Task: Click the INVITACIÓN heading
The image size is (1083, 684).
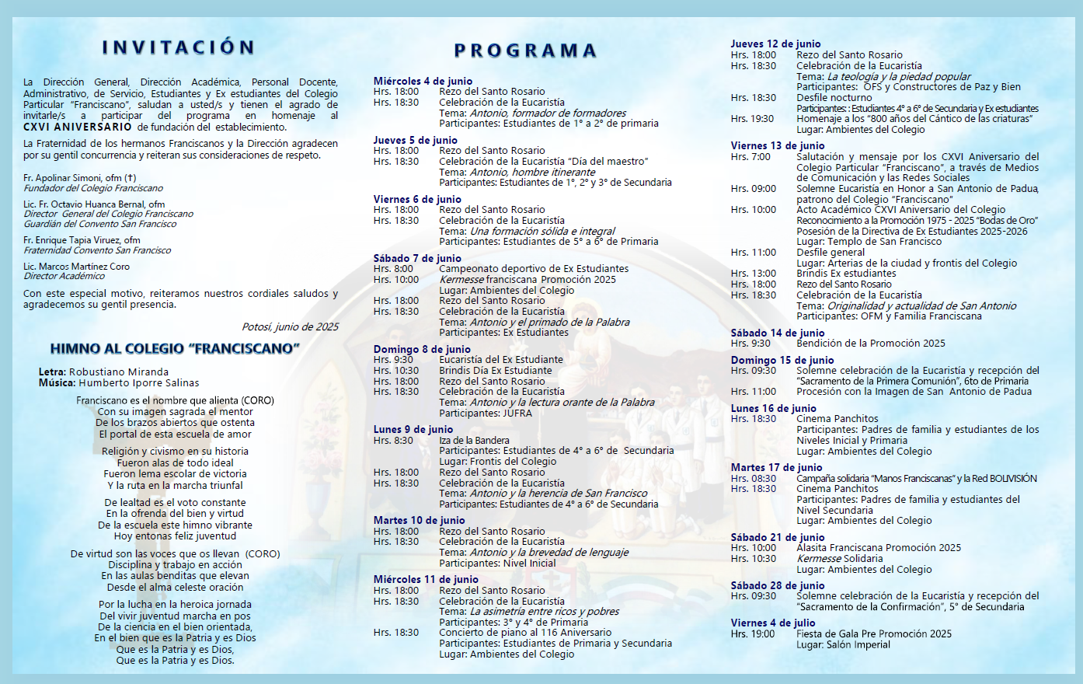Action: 179,47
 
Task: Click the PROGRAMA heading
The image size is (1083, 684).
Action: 525,51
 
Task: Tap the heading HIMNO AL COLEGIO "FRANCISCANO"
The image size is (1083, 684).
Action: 175,348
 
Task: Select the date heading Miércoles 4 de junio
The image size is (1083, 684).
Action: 423,81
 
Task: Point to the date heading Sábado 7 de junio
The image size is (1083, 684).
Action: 417,258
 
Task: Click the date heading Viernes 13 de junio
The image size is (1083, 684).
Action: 778,145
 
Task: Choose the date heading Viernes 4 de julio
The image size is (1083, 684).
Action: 773,623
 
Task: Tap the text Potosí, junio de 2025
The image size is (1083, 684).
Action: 290,327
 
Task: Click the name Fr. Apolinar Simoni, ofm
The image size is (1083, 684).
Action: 79,178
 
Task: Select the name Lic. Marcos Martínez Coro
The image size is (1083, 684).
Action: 77,266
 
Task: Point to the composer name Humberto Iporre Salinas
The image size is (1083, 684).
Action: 138,383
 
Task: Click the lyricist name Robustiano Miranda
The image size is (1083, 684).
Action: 119,372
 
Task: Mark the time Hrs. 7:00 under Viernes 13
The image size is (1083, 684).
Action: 750,157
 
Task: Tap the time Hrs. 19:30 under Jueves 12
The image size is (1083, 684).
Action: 753,119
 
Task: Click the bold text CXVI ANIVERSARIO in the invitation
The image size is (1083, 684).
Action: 78,127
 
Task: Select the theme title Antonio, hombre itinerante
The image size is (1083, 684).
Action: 532,172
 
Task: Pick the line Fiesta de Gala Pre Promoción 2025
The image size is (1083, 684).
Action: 873,633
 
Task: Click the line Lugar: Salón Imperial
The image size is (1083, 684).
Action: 843,644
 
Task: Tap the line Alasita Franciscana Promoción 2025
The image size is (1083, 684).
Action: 878,547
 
